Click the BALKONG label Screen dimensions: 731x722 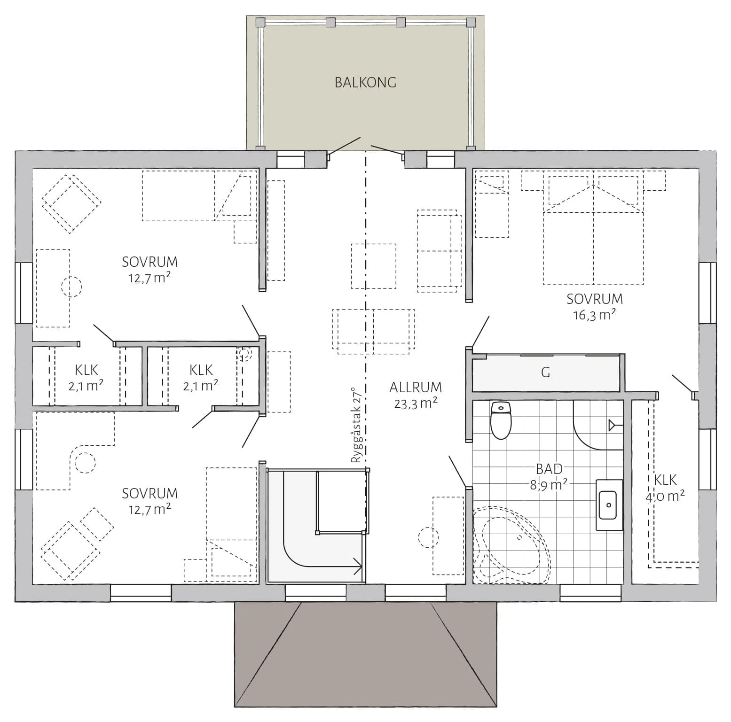pyautogui.click(x=365, y=83)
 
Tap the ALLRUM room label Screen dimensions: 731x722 pyautogui.click(x=416, y=388)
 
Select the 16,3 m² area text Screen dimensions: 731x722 pyautogui.click(x=594, y=315)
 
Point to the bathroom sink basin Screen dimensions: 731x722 pyautogui.click(x=609, y=505)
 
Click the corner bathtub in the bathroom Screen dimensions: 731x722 pyautogui.click(x=510, y=545)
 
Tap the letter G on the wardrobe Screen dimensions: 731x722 pyautogui.click(x=545, y=373)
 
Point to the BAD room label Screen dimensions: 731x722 pyautogui.click(x=549, y=469)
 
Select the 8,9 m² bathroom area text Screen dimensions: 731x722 pyautogui.click(x=549, y=485)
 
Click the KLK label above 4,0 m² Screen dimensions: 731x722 pyautogui.click(x=665, y=480)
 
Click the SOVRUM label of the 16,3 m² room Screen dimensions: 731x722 pyautogui.click(x=594, y=299)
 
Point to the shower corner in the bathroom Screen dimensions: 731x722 pyautogui.click(x=598, y=425)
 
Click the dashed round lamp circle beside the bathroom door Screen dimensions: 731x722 pyautogui.click(x=428, y=537)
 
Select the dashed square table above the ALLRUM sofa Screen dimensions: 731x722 pyautogui.click(x=373, y=266)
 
